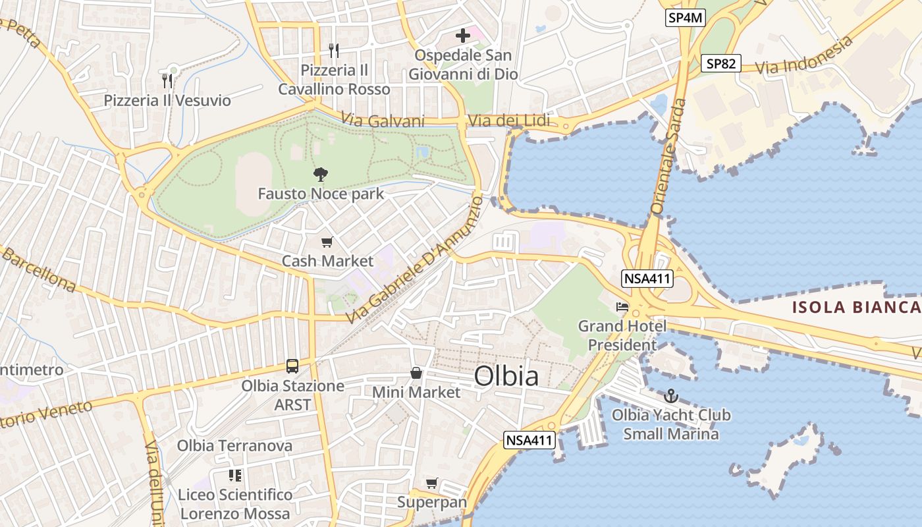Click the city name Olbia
(506, 376)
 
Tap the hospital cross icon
(463, 35)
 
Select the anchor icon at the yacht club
(670, 396)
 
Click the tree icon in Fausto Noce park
(321, 175)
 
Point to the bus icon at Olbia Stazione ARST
(292, 366)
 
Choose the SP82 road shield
(720, 64)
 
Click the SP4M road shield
(685, 18)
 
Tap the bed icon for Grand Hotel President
(622, 306)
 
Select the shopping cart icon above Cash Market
(327, 242)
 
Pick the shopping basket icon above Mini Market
(416, 374)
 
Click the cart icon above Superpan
(431, 484)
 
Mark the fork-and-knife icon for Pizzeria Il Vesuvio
(167, 81)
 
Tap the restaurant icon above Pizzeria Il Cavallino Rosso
(334, 50)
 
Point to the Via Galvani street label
(383, 121)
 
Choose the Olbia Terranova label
(234, 446)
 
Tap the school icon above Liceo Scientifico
(235, 475)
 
